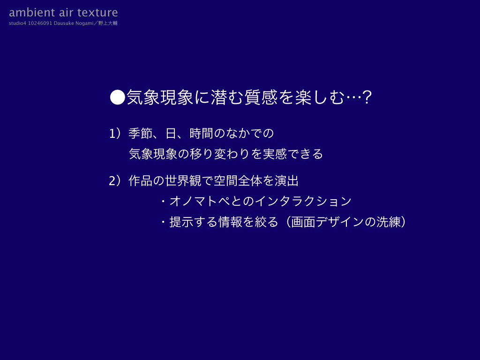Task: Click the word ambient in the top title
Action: tap(32, 13)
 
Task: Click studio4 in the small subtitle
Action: tap(17, 23)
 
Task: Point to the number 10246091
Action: tap(40, 23)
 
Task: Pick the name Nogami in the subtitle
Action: tap(84, 23)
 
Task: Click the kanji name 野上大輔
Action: tap(108, 23)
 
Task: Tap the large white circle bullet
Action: tap(118, 97)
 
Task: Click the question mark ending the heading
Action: tap(367, 97)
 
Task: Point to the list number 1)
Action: tap(115, 134)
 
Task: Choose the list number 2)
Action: tap(115, 181)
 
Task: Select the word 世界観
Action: tap(183, 181)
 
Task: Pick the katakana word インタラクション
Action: tap(303, 201)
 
